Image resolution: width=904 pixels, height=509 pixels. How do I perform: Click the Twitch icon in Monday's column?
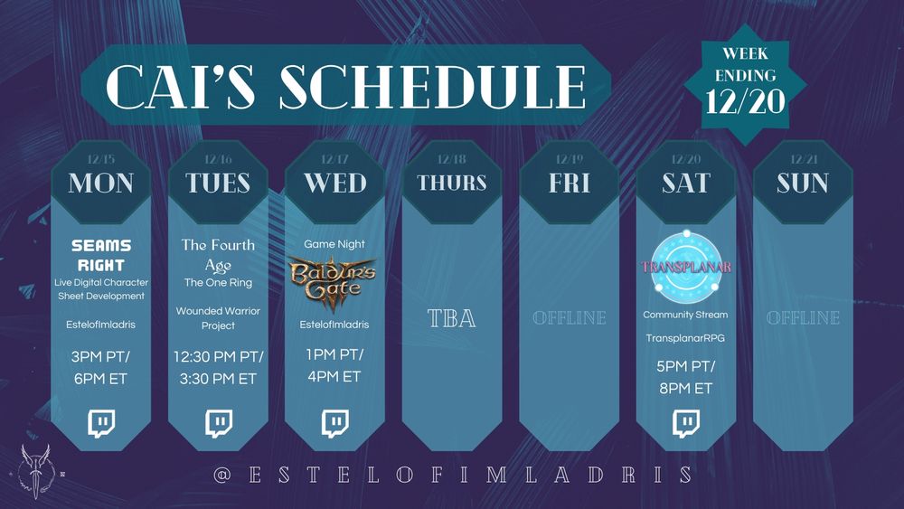(100, 422)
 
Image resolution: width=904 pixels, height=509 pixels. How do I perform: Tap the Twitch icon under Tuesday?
(218, 422)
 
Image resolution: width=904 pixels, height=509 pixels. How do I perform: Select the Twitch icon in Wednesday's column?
(334, 422)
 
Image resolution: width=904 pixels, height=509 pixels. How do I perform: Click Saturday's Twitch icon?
(685, 422)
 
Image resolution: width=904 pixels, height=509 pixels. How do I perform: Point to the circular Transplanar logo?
(685, 267)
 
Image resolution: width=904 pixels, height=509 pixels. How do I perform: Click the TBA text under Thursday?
(452, 318)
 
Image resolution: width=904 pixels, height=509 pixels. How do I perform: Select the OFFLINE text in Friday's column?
(569, 318)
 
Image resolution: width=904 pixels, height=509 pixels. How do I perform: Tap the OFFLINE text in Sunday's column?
(803, 318)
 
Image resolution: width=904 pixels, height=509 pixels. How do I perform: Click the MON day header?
(100, 184)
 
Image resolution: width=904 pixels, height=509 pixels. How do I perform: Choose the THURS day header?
(452, 184)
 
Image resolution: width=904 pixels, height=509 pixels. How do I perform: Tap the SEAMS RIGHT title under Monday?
(100, 255)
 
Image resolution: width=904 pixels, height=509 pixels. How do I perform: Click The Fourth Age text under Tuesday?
(218, 254)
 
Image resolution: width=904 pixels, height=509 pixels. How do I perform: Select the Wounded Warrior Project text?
(218, 317)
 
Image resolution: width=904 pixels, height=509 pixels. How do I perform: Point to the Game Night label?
(334, 244)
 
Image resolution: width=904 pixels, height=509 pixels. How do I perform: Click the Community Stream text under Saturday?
(685, 315)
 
